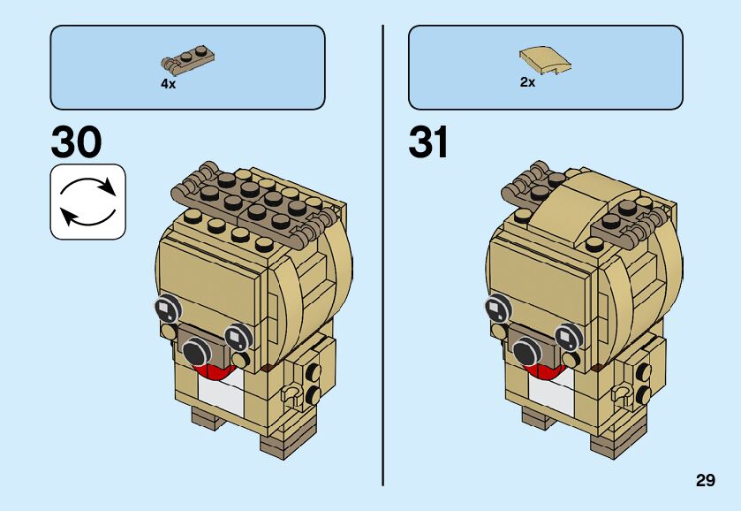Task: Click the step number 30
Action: click(x=76, y=141)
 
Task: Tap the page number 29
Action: click(x=704, y=480)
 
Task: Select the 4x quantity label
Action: click(x=168, y=83)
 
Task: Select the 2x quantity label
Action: click(x=527, y=82)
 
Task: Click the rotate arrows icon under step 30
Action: click(x=87, y=202)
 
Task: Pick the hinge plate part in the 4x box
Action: click(x=187, y=60)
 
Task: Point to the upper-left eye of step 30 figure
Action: click(x=167, y=309)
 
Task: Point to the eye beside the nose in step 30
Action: click(x=236, y=336)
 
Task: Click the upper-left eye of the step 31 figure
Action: click(x=496, y=309)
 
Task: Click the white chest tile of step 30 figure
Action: click(x=222, y=393)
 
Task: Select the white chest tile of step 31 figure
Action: click(x=552, y=393)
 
